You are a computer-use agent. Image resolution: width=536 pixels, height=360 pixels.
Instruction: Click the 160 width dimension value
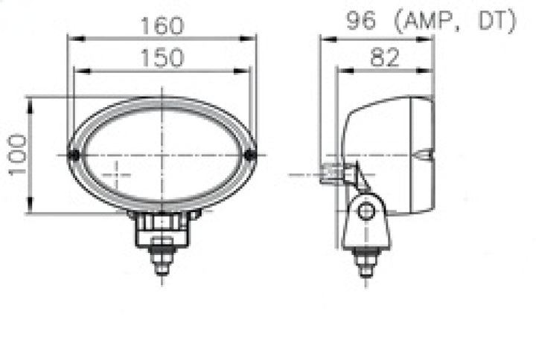pyautogui.click(x=162, y=25)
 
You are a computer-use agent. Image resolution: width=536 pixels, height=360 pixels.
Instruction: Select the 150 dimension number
pyautogui.click(x=162, y=57)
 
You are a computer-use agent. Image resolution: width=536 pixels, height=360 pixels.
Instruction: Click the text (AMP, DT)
pyautogui.click(x=458, y=22)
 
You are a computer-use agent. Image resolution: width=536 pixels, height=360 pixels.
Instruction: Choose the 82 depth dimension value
pyautogui.click(x=384, y=57)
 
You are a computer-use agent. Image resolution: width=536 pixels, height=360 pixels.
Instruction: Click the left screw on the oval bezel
pyautogui.click(x=73, y=155)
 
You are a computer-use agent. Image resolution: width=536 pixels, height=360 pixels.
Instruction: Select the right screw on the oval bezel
pyautogui.click(x=250, y=155)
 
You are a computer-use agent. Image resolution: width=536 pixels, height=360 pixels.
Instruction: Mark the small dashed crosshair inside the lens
pyautogui.click(x=115, y=175)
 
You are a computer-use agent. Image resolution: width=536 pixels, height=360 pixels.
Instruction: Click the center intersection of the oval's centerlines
pyautogui.click(x=162, y=155)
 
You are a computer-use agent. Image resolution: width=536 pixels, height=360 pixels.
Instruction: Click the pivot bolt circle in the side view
pyautogui.click(x=365, y=211)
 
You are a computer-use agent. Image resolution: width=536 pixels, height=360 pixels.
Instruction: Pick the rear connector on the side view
pyautogui.click(x=333, y=174)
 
